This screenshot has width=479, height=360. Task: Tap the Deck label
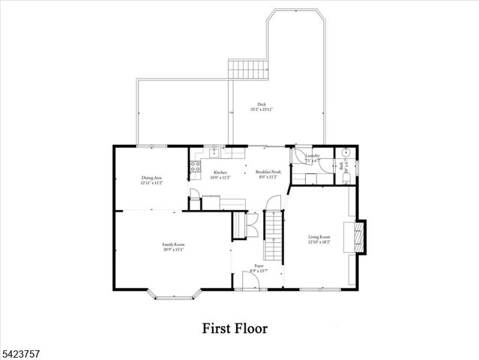261,106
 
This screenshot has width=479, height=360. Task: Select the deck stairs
248,70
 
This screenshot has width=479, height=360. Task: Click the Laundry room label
313,157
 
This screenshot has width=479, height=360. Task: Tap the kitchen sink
214,152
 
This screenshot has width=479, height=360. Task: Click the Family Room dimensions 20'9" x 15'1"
174,249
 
